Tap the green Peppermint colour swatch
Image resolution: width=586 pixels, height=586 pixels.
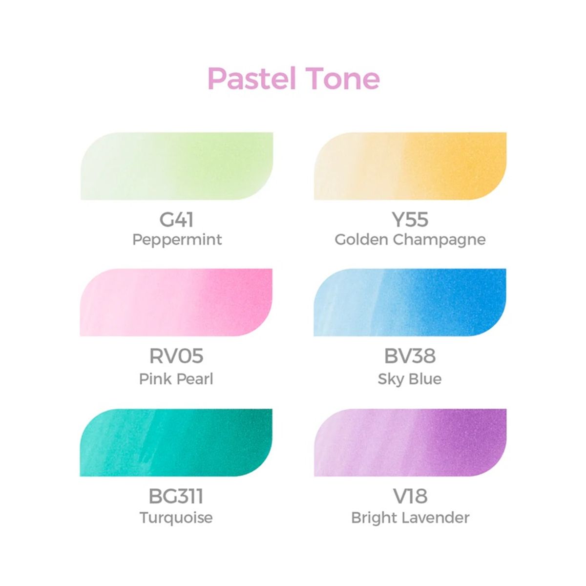[176, 166]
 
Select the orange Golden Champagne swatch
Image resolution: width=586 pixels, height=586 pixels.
[410, 166]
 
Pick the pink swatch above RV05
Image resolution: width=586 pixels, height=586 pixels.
[176, 302]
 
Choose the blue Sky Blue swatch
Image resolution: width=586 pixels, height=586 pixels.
[410, 302]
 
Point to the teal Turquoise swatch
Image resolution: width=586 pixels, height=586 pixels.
[176, 442]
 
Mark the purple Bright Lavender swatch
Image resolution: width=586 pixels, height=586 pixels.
[410, 442]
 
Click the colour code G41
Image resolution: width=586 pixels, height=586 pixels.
[177, 220]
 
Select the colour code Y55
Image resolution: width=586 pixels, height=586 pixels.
[410, 220]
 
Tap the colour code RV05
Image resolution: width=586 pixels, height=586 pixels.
[176, 356]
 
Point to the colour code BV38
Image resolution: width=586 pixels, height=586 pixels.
[410, 356]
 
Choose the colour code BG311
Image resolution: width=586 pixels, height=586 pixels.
[176, 496]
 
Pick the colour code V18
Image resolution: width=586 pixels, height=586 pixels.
[410, 496]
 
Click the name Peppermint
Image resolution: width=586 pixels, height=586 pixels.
[177, 240]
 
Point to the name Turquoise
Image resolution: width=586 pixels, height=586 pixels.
[176, 518]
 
